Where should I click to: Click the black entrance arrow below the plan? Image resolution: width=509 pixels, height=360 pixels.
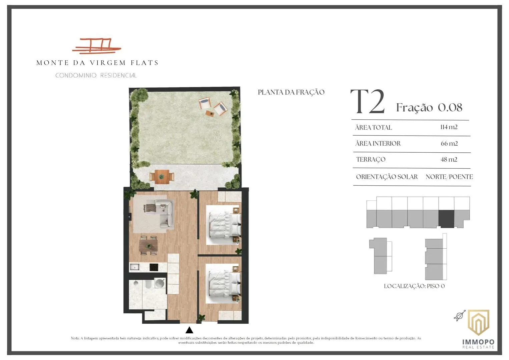point(189,330)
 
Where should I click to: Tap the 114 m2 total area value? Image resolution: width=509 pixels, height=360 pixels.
point(449,127)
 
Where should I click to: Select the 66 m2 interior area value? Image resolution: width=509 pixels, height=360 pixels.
point(449,144)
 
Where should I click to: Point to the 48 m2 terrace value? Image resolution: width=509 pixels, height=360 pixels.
point(449,159)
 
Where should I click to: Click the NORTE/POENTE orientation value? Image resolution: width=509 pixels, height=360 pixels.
point(449,177)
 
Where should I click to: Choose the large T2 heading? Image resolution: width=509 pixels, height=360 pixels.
point(368,102)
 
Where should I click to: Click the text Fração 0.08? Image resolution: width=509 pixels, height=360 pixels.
point(429,107)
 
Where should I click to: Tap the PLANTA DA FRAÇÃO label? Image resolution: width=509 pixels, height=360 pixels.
point(291,92)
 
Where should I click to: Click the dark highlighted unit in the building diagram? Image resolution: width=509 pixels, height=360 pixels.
point(446,218)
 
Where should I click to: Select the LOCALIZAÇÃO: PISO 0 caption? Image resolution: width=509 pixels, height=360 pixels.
point(414,286)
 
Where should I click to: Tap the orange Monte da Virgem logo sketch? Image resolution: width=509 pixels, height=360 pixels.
point(97,46)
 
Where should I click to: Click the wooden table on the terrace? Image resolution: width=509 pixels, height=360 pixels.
point(162,177)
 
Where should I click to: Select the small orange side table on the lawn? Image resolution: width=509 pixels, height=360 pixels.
point(210,113)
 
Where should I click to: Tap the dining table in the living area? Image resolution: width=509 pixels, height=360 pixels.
point(148,246)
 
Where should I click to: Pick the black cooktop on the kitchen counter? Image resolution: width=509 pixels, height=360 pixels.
point(154,267)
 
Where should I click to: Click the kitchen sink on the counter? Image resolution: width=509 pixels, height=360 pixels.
point(134,267)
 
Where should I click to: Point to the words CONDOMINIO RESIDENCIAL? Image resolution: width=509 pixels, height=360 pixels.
point(96,75)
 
